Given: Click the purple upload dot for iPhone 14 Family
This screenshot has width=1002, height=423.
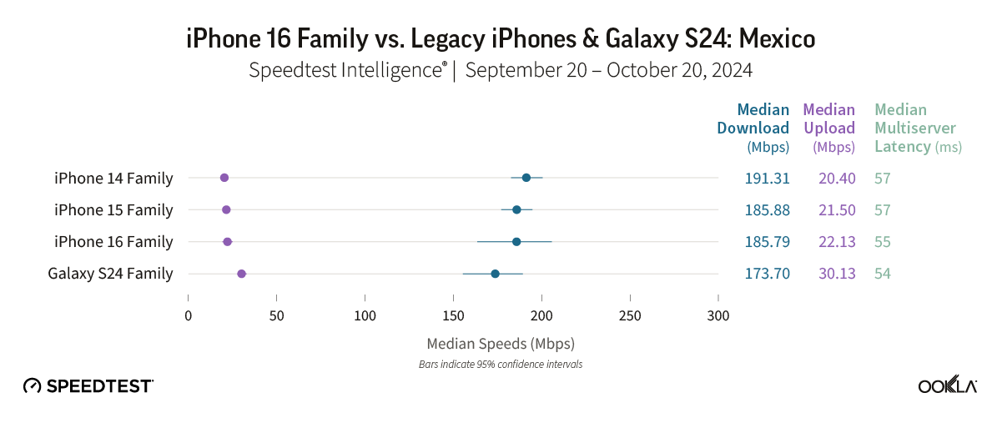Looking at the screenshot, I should (x=224, y=178).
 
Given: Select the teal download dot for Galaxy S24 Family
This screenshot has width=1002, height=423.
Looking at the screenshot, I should (x=496, y=274).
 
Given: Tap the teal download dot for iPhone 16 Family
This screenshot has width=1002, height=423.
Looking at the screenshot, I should (x=516, y=242).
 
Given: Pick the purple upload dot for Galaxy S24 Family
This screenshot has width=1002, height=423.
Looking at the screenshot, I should (x=242, y=274).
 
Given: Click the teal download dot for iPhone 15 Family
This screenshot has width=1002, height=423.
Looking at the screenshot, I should (x=516, y=209).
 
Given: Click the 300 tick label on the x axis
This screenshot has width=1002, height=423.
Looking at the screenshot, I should (x=718, y=315).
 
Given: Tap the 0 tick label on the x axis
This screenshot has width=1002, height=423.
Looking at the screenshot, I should (x=189, y=315).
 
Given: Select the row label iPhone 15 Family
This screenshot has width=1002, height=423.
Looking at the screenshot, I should (x=113, y=210).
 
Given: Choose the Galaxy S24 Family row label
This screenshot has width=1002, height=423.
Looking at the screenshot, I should (x=110, y=274).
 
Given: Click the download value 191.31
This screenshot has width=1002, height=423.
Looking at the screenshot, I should (x=767, y=179).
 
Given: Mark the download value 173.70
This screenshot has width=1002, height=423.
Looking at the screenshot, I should (x=767, y=274).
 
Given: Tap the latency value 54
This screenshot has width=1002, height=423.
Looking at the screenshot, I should (x=883, y=274).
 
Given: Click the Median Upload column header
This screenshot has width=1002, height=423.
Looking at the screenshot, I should (x=829, y=128).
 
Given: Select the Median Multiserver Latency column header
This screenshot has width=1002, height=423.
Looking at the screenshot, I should (x=915, y=128).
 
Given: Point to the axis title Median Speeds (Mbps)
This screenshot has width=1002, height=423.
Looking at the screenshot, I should (x=501, y=343).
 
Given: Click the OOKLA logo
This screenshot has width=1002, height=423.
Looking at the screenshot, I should (x=948, y=385).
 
